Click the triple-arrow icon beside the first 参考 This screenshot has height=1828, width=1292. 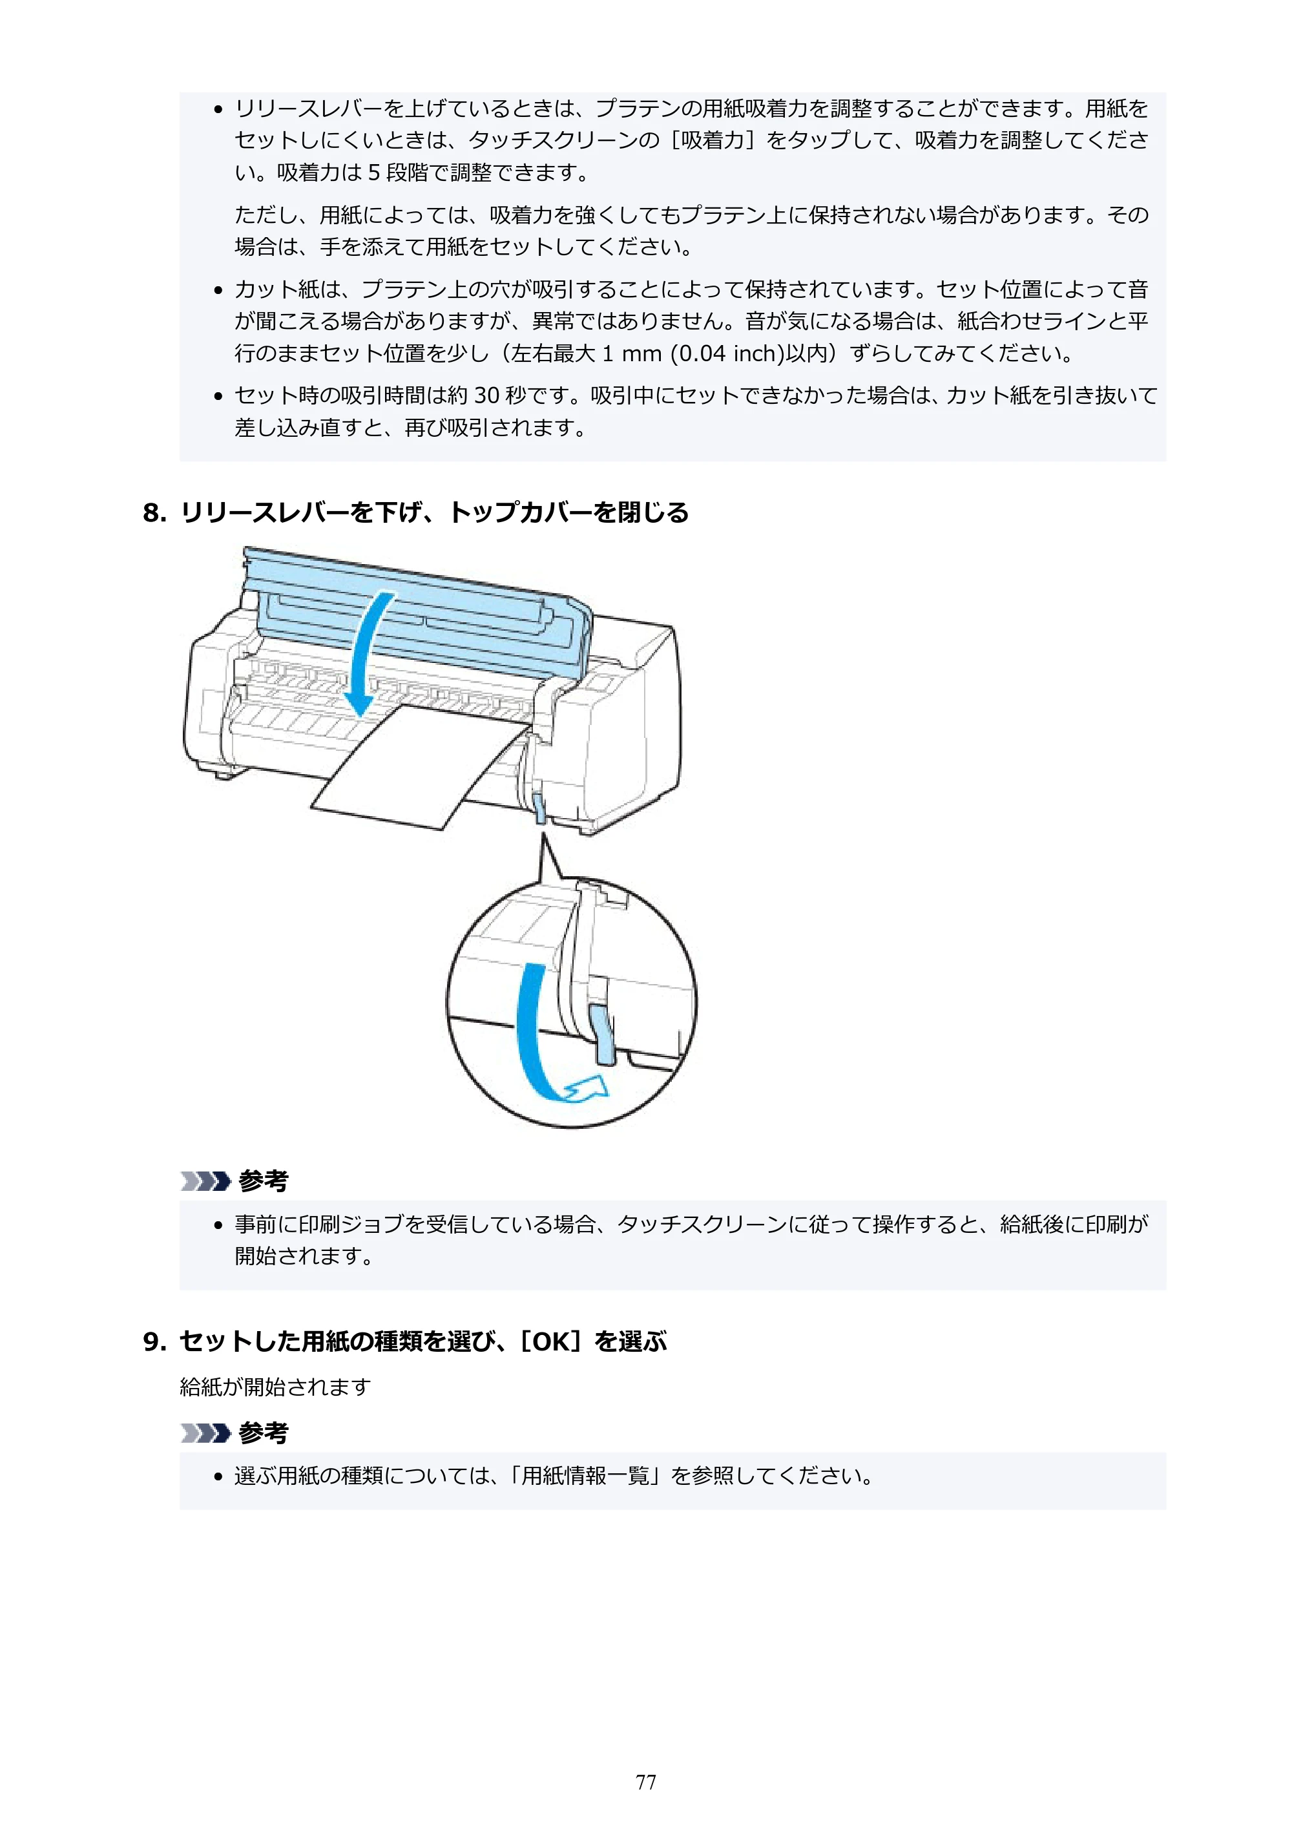tap(205, 1181)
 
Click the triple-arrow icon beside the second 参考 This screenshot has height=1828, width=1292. tap(205, 1433)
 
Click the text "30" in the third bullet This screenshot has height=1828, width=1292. tap(486, 395)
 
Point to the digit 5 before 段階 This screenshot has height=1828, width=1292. tap(373, 172)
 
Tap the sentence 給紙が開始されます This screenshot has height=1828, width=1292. tap(275, 1387)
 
